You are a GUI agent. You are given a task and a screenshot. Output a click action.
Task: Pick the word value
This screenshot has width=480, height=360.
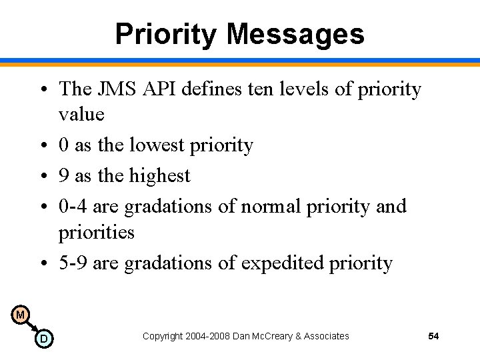click(x=81, y=115)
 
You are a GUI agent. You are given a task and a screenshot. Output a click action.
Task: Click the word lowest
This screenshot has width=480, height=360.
click(x=143, y=145)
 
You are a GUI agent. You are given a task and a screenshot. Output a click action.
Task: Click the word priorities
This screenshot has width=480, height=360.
click(x=97, y=233)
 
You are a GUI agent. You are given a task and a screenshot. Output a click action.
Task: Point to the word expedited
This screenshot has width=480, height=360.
click(x=283, y=263)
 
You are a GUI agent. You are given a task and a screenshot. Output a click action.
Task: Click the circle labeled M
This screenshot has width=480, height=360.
click(x=20, y=315)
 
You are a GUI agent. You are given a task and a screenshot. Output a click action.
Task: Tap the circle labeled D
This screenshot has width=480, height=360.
click(x=43, y=339)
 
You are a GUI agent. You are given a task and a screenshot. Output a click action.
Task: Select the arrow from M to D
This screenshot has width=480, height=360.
click(x=31, y=327)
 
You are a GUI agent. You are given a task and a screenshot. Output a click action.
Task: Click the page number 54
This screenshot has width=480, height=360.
click(x=433, y=336)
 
